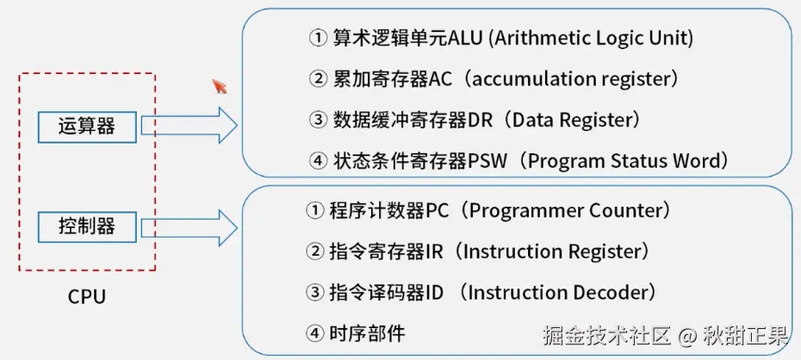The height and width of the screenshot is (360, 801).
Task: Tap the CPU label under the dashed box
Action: (x=87, y=297)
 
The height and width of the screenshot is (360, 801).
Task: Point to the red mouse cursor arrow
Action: (x=220, y=85)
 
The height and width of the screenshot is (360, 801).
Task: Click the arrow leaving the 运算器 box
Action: (x=189, y=127)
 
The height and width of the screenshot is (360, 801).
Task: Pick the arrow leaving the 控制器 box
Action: (x=189, y=227)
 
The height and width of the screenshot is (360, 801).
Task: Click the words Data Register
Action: (x=572, y=120)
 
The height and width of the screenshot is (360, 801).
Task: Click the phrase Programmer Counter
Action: (x=565, y=210)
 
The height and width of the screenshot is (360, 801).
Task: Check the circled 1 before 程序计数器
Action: (x=314, y=210)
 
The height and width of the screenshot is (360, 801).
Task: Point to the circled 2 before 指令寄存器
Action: (x=314, y=251)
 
